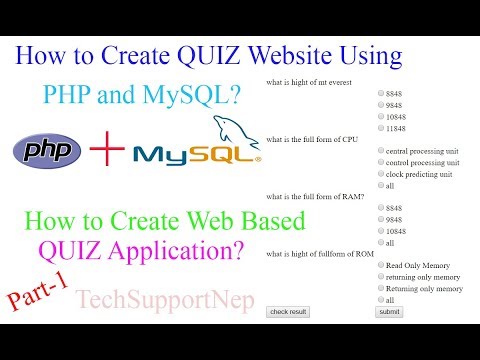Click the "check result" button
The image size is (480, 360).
tap(289, 312)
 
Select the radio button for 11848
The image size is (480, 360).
tap(381, 128)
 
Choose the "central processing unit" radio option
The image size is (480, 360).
tap(381, 150)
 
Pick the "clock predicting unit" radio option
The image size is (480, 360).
tap(381, 174)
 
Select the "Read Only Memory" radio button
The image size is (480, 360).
tap(381, 265)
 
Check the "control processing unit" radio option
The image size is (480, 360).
tap(381, 162)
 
